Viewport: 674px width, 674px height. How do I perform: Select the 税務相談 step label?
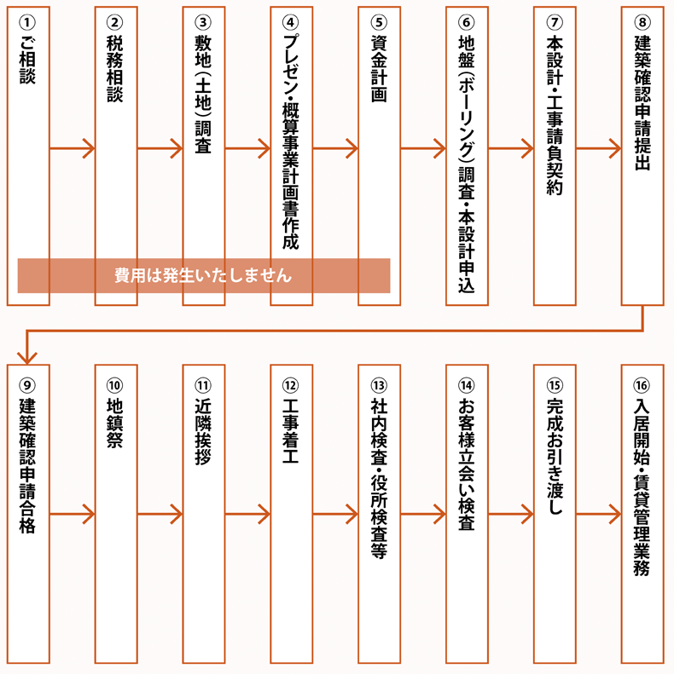(x=116, y=68)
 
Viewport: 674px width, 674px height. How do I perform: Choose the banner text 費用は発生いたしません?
(x=203, y=276)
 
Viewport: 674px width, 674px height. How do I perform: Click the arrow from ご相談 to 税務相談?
(x=72, y=151)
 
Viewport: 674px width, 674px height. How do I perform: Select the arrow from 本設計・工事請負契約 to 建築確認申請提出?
(x=598, y=151)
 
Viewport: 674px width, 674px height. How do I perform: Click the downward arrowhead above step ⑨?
(x=28, y=354)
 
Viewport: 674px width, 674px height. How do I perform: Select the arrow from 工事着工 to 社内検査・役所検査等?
(x=335, y=515)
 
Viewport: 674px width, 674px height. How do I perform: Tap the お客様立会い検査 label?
(x=467, y=464)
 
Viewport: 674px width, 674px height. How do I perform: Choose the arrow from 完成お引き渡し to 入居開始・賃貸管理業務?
(x=598, y=515)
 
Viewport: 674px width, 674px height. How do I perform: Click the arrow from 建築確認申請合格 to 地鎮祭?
(x=72, y=515)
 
